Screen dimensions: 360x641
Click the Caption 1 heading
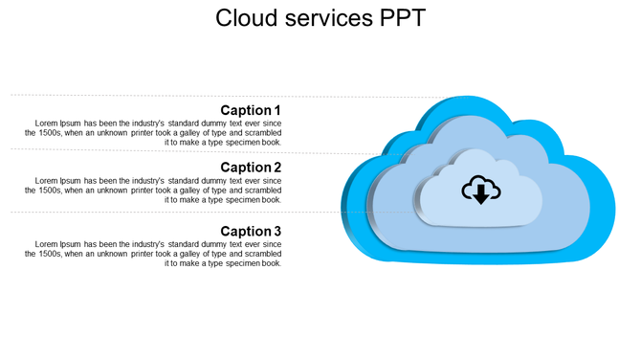[x=251, y=110]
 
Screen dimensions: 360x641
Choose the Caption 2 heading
[x=251, y=168]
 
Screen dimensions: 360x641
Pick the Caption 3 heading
[x=251, y=231]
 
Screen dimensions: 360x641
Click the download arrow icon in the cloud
[x=480, y=191]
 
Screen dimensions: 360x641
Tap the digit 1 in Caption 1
[x=277, y=110]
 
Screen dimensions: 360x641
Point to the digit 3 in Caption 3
[x=277, y=231]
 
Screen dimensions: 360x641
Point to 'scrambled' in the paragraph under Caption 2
[x=262, y=191]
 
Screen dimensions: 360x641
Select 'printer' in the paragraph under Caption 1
[x=147, y=133]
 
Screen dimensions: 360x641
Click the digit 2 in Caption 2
[x=277, y=168]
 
